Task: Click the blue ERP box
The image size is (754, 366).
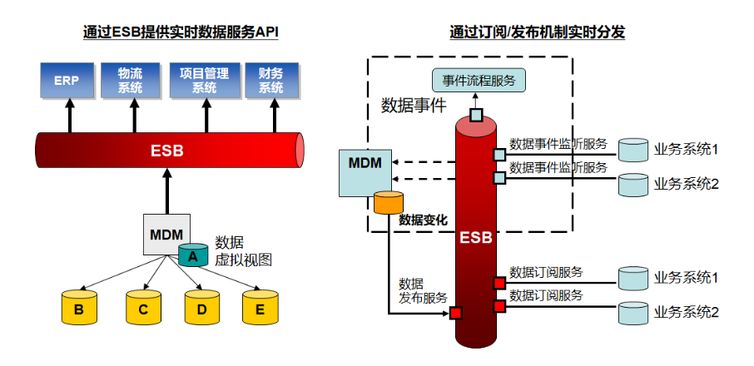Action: (67, 80)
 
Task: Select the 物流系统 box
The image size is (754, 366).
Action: (130, 80)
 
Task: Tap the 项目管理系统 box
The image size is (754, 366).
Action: (205, 80)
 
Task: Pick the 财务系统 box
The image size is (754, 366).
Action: (270, 80)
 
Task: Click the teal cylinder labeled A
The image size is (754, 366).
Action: (193, 255)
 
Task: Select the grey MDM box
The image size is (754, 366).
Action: (166, 235)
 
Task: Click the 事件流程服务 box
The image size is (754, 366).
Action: (479, 80)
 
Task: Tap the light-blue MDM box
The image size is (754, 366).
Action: (365, 173)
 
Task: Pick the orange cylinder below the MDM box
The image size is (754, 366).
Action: (389, 202)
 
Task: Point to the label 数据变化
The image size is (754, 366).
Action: (423, 220)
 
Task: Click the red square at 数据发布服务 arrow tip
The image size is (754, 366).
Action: (455, 313)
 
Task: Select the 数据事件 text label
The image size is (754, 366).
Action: (414, 105)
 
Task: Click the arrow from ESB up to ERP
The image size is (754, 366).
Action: (70, 116)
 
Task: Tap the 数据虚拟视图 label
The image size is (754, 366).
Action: (243, 250)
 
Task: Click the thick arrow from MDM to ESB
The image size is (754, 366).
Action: (167, 190)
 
